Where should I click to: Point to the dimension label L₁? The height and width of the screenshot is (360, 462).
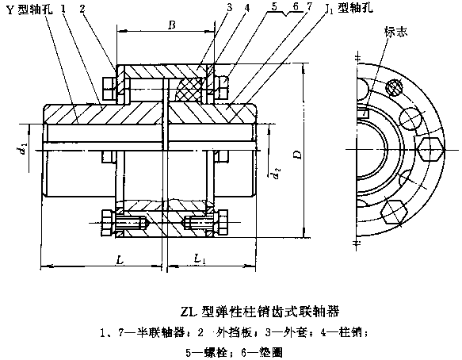coord(199,259)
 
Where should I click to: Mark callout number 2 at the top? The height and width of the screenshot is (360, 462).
coord(82,9)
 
